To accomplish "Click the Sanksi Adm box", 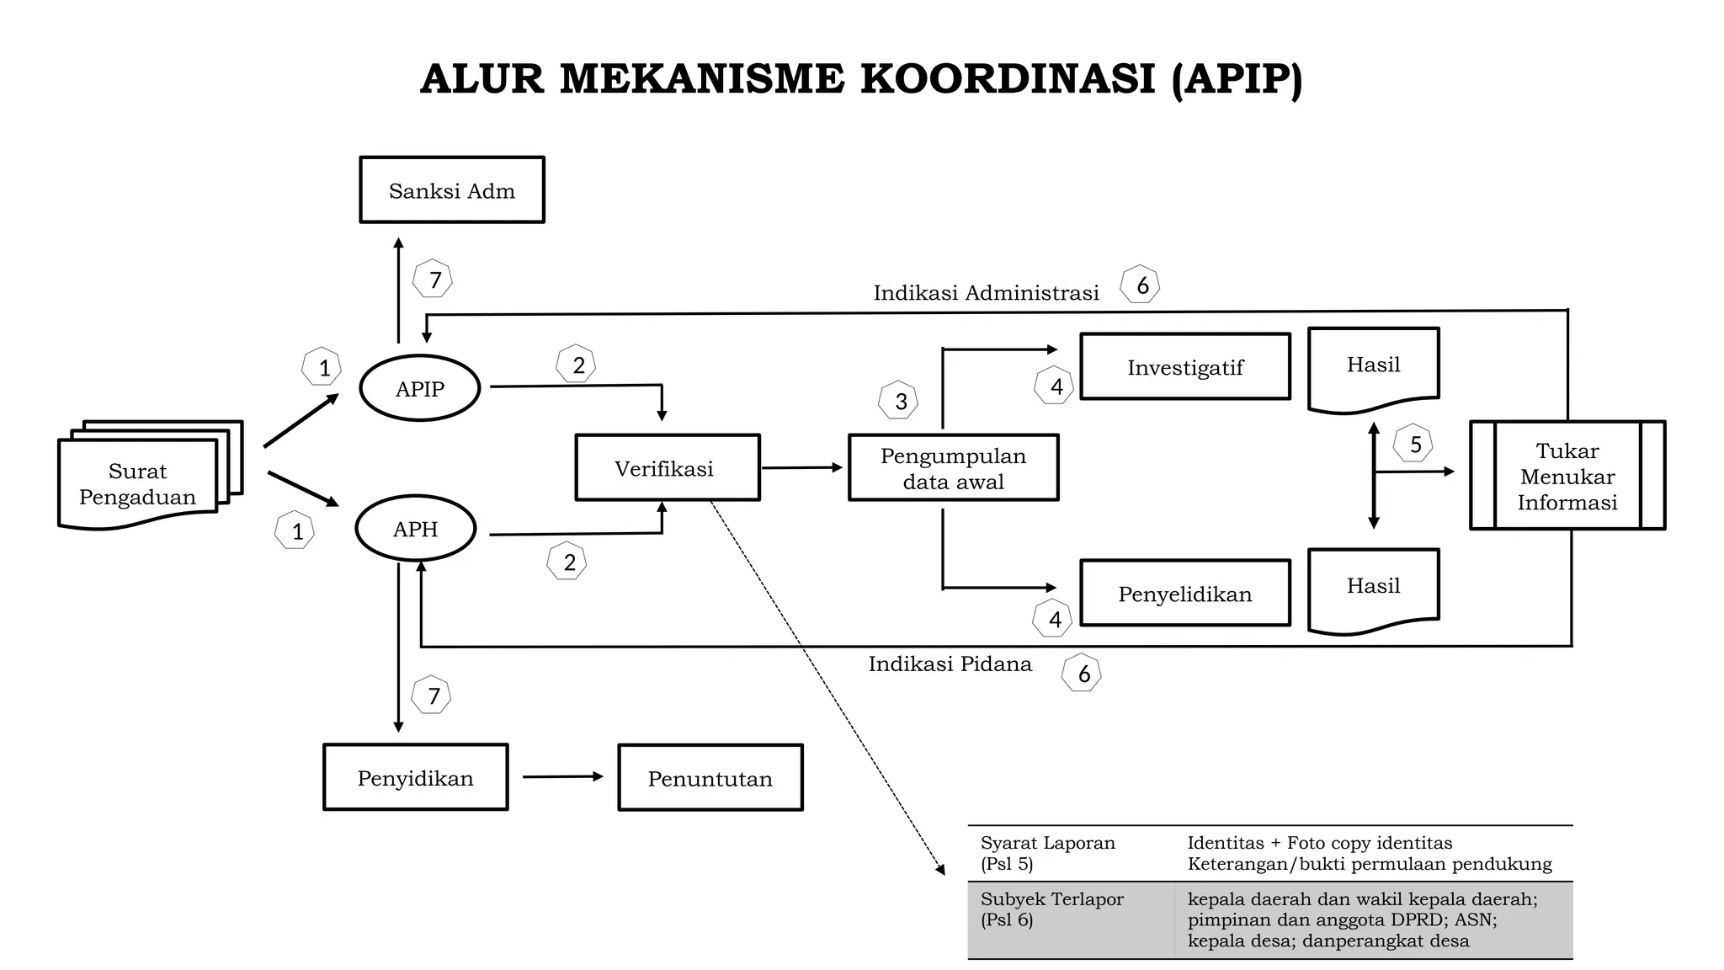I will coord(452,190).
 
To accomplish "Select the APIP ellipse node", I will coord(419,388).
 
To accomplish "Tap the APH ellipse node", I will coord(415,529).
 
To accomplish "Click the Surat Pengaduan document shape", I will coord(137,484).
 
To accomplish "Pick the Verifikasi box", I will coord(667,468).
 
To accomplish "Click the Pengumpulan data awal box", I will coord(953,468).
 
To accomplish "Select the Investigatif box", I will coord(1184,367).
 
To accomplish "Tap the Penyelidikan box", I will coord(1184,594).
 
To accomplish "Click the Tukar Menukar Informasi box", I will coord(1567,476).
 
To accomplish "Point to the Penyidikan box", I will coord(415,777).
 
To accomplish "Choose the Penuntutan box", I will coord(710,778).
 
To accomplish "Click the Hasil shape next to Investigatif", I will coord(1373,366).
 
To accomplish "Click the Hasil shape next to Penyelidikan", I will coord(1373,587).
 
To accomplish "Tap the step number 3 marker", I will coord(900,401).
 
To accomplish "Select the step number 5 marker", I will coord(1415,444).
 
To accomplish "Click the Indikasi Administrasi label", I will coord(986,293).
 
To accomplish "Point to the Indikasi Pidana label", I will coord(950,664).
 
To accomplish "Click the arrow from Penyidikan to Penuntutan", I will coord(562,776).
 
